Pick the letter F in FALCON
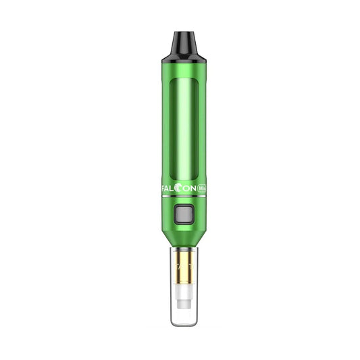pyautogui.click(x=164, y=190)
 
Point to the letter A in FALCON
pyautogui.click(x=169, y=190)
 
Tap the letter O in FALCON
pyautogui.click(x=186, y=190)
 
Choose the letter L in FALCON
pyautogui.click(x=174, y=190)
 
